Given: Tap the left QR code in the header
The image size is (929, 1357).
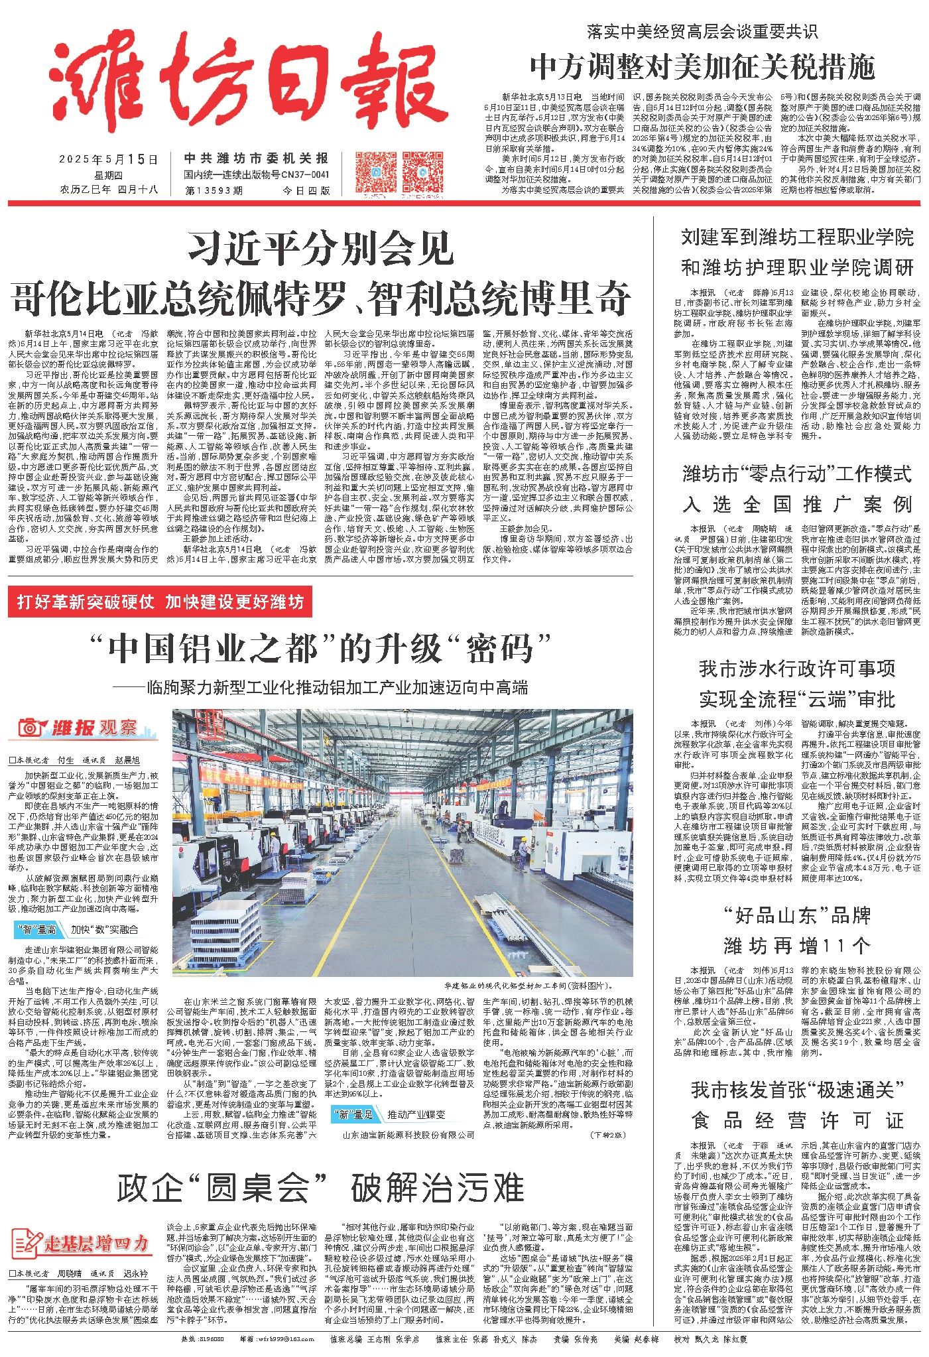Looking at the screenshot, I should point(376,172).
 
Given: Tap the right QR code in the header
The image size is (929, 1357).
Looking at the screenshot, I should point(422,172).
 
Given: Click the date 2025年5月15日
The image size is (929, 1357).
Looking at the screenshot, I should point(109,160).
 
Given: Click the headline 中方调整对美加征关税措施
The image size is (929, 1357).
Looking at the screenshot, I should point(702,67).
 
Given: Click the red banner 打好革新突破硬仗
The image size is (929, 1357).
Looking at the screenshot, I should point(160,602).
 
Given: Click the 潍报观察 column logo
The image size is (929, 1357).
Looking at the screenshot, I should point(83,728).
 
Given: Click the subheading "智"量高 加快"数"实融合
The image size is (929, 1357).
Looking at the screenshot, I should point(77,930).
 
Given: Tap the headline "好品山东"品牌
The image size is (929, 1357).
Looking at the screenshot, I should point(797,916).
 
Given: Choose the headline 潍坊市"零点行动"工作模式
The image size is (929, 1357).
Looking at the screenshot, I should point(797,474).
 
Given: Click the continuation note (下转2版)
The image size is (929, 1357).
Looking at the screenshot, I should point(607,1135).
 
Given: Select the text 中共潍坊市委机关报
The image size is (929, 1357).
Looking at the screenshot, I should point(256,159).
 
